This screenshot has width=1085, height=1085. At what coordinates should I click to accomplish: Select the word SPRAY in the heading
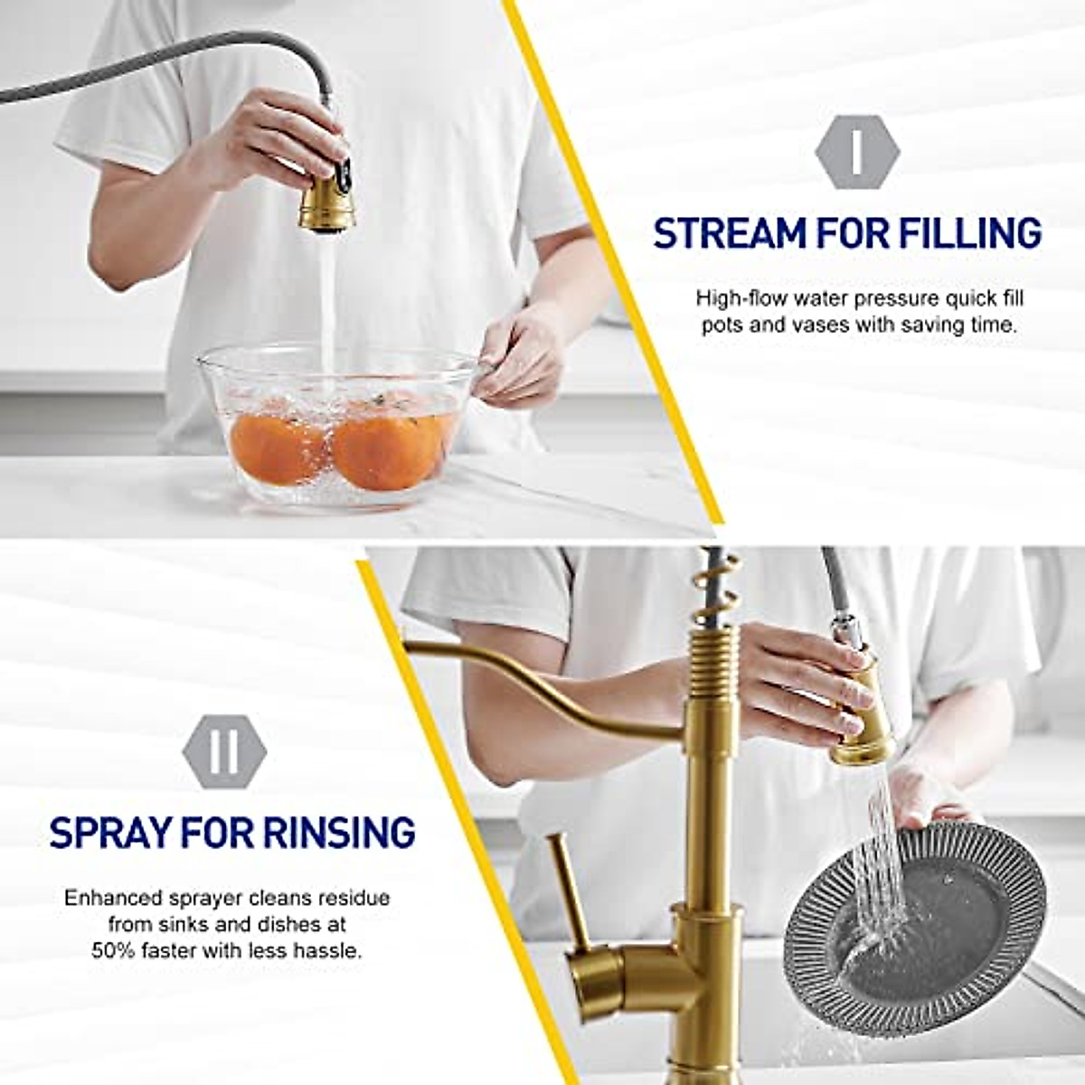pyautogui.click(x=108, y=832)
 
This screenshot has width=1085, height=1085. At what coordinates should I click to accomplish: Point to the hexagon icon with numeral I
pyautogui.click(x=856, y=153)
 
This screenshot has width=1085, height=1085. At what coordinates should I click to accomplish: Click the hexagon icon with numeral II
pyautogui.click(x=224, y=751)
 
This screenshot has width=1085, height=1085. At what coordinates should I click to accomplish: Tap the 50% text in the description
pyautogui.click(x=116, y=951)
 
